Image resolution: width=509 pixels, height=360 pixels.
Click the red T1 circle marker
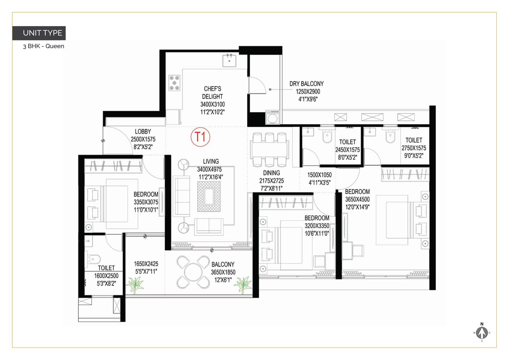[x=200, y=137]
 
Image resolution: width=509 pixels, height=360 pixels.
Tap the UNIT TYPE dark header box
[x=39, y=33]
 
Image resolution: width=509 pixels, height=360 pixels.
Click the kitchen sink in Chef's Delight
[x=229, y=60]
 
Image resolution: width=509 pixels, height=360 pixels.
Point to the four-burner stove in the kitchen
[x=174, y=83]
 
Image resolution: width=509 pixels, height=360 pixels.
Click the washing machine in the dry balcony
[x=273, y=119]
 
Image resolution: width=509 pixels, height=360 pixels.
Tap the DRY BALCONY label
[x=306, y=84]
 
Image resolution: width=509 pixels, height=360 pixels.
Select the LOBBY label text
[x=143, y=132]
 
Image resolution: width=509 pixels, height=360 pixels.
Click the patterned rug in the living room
[x=209, y=196]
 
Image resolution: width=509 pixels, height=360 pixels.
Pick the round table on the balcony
[x=193, y=272]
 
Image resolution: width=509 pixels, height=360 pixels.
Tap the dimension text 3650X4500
[x=357, y=199]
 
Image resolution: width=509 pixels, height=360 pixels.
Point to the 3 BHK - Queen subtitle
[x=43, y=46]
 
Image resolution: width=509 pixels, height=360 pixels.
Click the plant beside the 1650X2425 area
[x=134, y=285]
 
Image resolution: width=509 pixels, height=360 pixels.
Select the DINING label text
[x=271, y=173]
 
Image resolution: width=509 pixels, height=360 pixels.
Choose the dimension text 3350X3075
[x=146, y=202]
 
